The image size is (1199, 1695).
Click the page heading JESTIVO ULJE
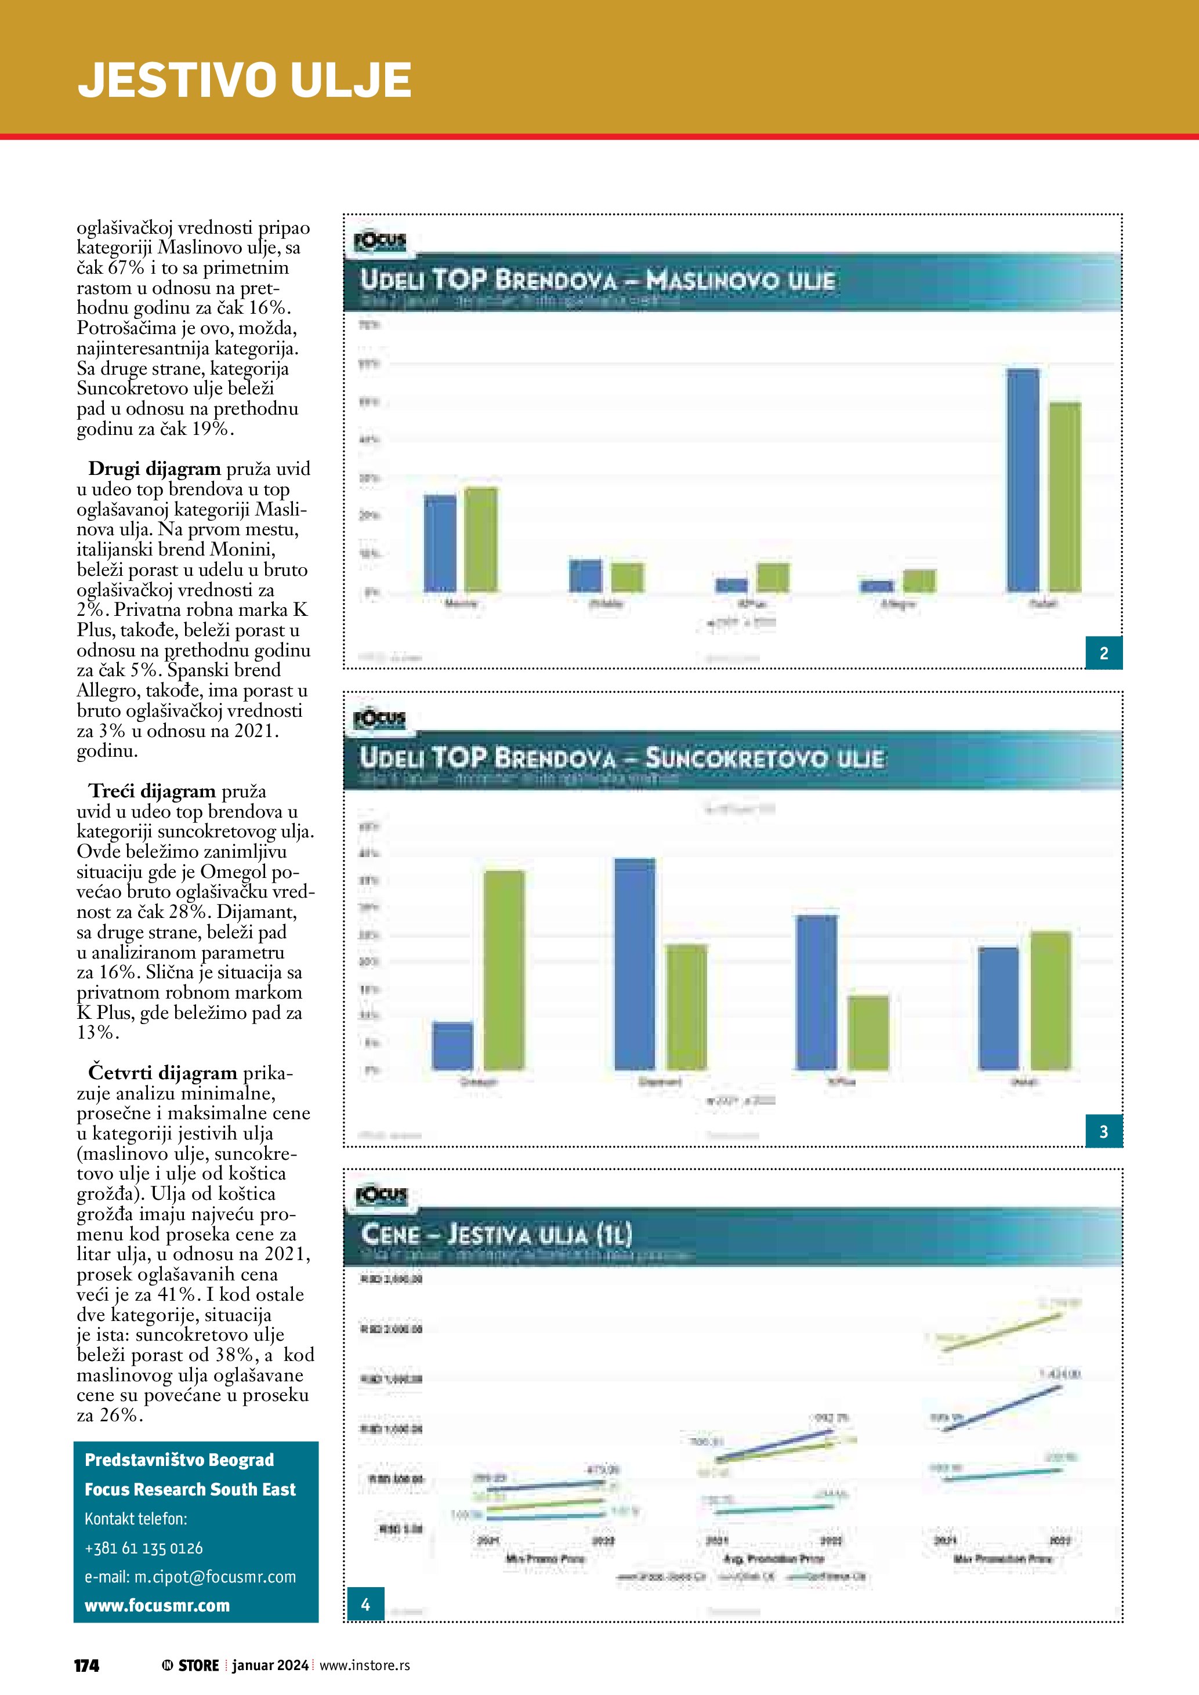(244, 79)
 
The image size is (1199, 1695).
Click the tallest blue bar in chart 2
(1023, 480)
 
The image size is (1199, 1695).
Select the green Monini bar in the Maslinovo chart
(481, 539)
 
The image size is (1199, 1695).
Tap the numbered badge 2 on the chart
(1104, 652)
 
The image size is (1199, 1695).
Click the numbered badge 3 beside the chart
(1104, 1131)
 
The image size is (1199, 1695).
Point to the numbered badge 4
(365, 1603)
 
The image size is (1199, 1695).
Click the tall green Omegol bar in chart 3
(504, 970)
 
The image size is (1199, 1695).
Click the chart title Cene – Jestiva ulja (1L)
(496, 1235)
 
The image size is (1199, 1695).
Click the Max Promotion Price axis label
(1002, 1558)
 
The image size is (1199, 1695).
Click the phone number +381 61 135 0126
(143, 1548)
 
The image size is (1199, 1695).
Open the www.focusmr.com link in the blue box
(157, 1606)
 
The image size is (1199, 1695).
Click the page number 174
(86, 1665)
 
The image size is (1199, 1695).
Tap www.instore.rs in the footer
(365, 1665)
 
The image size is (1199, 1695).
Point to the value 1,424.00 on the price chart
(1059, 1374)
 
